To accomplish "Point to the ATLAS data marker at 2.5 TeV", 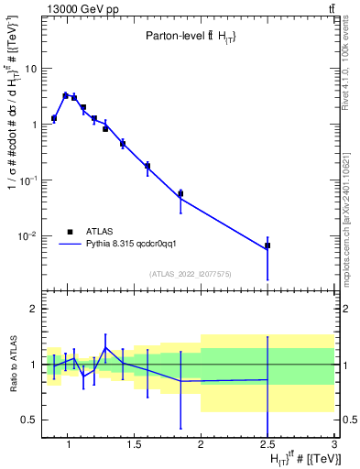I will [x=267, y=245].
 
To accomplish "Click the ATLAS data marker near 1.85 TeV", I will [x=180, y=193].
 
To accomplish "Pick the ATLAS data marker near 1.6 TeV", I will [x=147, y=166].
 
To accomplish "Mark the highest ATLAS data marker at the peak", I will [x=65, y=95].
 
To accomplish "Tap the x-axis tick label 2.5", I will [x=267, y=446].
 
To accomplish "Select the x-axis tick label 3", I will [x=334, y=446].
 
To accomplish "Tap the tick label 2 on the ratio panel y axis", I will [x=33, y=310].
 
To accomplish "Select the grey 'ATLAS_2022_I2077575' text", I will [x=189, y=273].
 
